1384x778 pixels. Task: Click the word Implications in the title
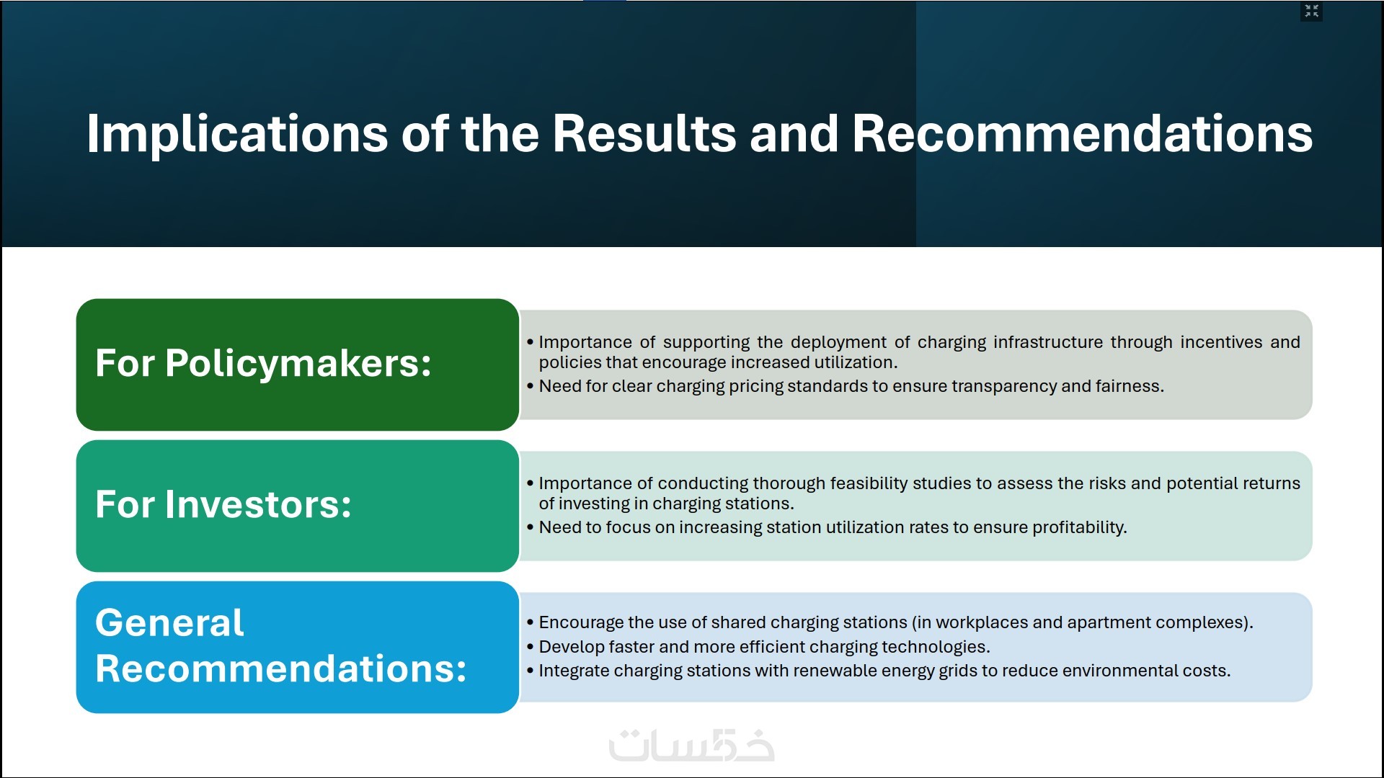tap(237, 134)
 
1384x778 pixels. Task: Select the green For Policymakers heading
tap(263, 363)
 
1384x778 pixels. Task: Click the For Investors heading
tap(223, 504)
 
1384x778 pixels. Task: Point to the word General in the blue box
tap(169, 622)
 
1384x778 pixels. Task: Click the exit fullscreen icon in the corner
tap(1311, 11)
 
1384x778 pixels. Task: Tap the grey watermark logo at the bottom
tap(691, 746)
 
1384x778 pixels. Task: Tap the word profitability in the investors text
tap(1079, 527)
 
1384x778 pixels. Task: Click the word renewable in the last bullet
tap(843, 671)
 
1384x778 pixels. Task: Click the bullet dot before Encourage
tap(531, 622)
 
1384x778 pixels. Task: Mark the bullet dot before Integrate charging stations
tap(531, 671)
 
